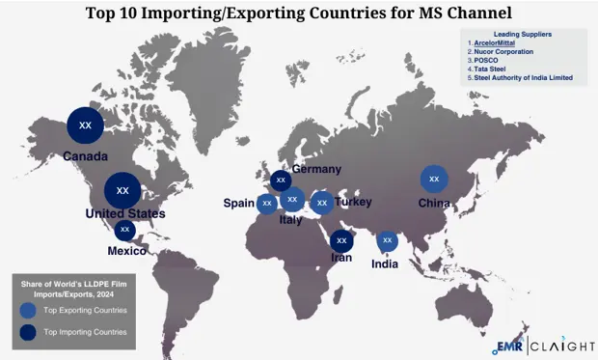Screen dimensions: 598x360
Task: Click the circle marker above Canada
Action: click(85, 125)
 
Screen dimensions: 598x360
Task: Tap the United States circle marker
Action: click(122, 189)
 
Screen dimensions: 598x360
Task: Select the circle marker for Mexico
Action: click(124, 230)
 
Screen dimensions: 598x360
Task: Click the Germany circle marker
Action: click(281, 180)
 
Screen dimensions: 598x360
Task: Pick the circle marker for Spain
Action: click(266, 203)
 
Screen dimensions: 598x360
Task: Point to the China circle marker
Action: click(434, 179)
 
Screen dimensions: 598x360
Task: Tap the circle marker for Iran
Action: click(340, 241)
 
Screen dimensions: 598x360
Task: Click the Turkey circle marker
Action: click(322, 203)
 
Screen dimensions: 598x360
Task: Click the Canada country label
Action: click(85, 155)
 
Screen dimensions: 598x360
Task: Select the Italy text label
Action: click(290, 220)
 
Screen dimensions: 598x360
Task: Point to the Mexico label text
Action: click(127, 251)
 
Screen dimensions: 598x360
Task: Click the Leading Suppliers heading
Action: click(522, 34)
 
